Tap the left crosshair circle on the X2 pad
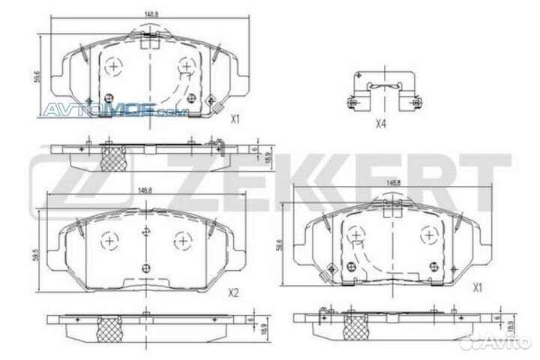coord(109,241)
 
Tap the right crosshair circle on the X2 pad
coord(181,241)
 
